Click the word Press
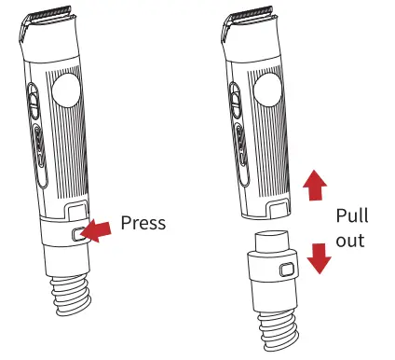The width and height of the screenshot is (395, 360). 143,223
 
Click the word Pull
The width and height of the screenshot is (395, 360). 352,215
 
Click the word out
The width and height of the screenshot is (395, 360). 350,241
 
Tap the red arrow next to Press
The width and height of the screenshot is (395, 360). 98,230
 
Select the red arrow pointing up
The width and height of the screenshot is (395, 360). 315,186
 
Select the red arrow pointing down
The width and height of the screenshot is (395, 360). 320,258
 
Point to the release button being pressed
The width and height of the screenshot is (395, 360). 78,234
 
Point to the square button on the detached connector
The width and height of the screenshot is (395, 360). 287,270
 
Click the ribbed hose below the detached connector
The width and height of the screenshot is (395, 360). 279,330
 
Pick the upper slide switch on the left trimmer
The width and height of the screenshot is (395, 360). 34,101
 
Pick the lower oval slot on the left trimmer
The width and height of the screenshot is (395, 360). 40,156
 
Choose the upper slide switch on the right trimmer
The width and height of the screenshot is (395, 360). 236,101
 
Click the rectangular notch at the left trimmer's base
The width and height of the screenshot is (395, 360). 76,210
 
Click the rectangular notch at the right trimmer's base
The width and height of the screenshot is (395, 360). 279,209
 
